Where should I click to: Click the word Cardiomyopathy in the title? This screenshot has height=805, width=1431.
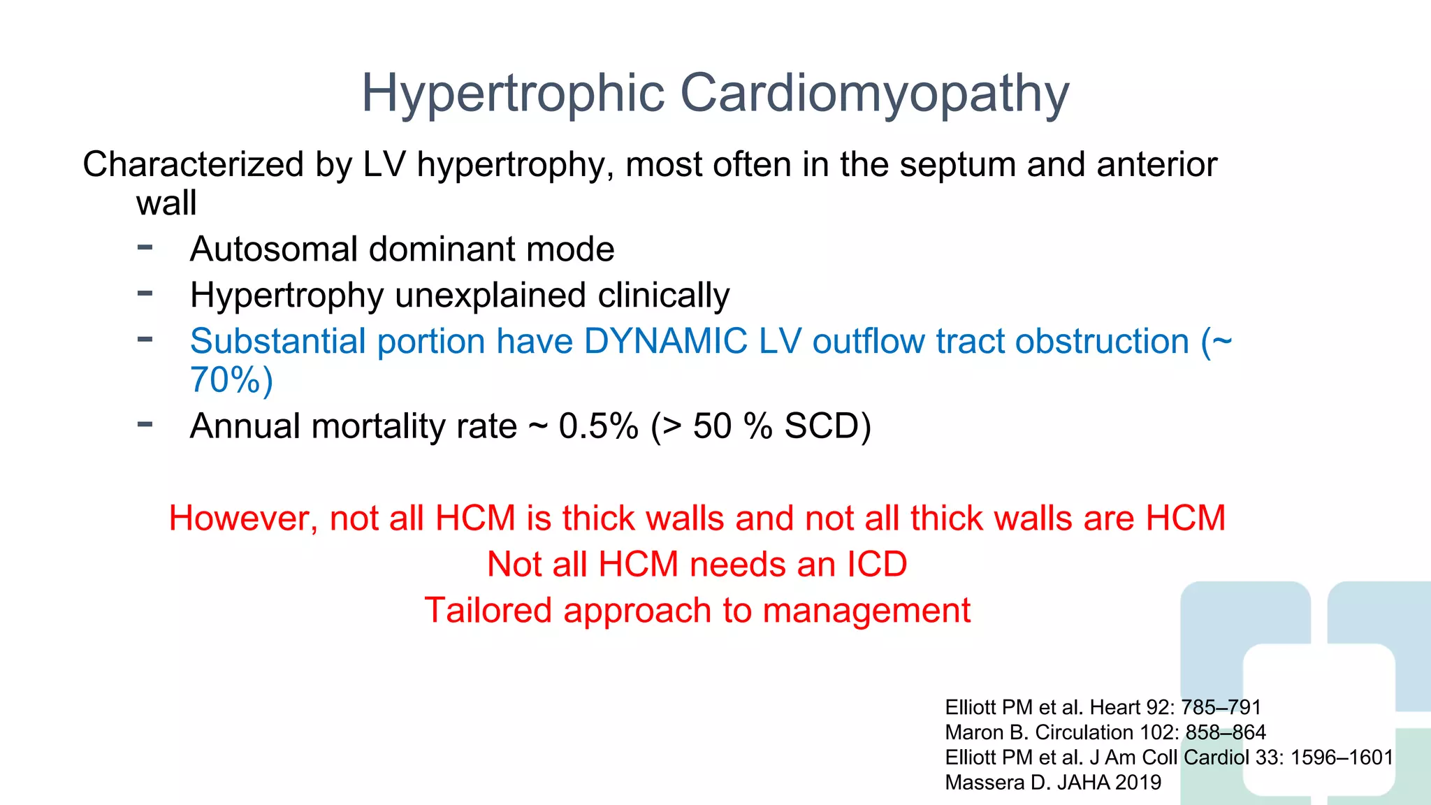(874, 93)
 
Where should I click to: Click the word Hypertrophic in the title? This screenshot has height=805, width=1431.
(513, 93)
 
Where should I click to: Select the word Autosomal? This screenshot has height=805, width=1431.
(273, 249)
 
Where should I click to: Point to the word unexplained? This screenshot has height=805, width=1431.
(490, 295)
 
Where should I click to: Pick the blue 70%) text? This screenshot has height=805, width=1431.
(231, 380)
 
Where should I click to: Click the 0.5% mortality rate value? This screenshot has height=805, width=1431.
(598, 426)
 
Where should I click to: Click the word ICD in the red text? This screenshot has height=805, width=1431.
(877, 565)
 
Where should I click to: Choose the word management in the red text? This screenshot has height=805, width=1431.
(866, 611)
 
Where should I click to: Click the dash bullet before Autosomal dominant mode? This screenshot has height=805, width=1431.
(145, 247)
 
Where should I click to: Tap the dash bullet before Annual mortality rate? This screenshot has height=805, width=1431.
(145, 423)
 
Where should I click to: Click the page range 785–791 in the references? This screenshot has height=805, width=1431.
(1221, 707)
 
